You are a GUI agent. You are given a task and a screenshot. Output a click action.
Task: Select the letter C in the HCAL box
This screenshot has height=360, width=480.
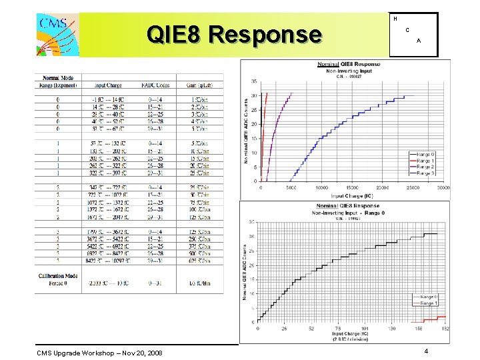pos(407,31)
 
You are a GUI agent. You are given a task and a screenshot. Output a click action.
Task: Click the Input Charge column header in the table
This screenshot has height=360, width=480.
pos(108,85)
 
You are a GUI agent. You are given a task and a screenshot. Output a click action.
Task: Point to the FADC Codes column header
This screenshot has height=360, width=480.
pos(155,85)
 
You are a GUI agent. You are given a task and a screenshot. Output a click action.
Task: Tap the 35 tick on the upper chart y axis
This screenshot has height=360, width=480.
pos(254,81)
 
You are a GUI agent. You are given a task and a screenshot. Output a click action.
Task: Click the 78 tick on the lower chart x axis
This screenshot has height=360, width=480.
pos(339,329)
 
